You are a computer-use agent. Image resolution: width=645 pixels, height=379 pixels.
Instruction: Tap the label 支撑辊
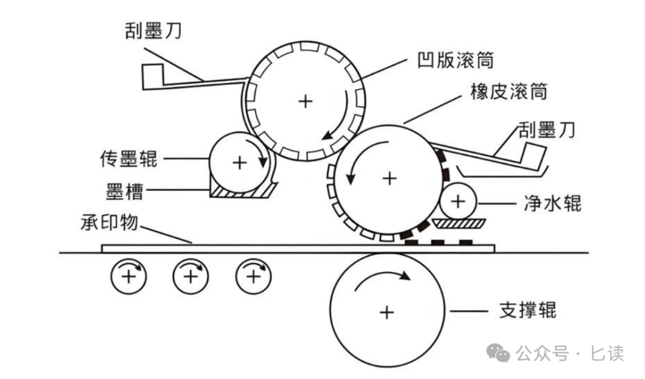point(527,310)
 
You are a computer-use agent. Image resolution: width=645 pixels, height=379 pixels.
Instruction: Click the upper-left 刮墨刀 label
point(153,30)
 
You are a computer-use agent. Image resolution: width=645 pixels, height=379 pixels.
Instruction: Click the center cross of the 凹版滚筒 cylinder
point(305,101)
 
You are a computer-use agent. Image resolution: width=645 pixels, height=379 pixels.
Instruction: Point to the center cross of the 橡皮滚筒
point(389,177)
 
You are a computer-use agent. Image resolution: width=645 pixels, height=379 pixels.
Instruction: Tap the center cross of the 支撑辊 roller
point(386,312)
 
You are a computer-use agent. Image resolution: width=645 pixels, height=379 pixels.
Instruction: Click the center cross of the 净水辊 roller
point(457,201)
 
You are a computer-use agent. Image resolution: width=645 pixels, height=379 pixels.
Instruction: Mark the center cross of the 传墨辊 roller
point(239,162)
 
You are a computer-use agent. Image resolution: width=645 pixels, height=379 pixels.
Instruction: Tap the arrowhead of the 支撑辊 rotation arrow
point(406,276)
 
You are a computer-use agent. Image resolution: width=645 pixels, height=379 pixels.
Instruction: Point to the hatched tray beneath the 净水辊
point(459,223)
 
